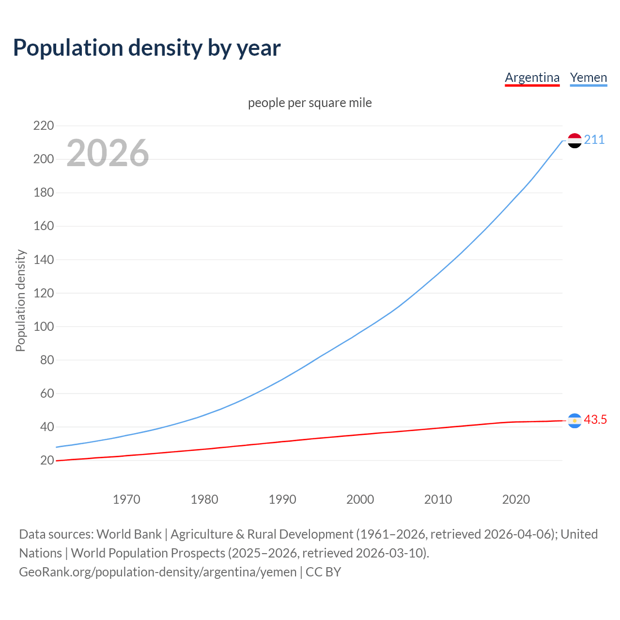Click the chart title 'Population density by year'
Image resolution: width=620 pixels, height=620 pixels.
(147, 48)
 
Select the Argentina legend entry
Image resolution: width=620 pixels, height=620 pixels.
(532, 77)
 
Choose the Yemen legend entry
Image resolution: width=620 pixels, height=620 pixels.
(588, 77)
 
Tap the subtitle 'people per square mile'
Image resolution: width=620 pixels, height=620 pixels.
(310, 103)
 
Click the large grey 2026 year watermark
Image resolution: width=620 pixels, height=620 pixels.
(108, 153)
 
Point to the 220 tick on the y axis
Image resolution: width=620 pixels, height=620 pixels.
(43, 126)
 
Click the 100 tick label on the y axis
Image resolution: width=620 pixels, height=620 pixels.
(43, 326)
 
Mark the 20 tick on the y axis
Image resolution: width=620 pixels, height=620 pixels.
(47, 460)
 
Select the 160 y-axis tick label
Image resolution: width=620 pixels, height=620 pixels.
(43, 226)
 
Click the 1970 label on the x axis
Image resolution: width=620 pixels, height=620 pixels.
(126, 499)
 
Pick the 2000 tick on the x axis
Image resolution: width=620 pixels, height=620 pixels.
(360, 499)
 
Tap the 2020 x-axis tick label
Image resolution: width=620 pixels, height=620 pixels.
(516, 499)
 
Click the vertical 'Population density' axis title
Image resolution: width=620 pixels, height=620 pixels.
(20, 300)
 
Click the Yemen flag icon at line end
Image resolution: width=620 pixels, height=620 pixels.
(574, 140)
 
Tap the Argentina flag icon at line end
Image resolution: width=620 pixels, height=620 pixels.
(574, 420)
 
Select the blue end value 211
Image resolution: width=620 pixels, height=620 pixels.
(594, 140)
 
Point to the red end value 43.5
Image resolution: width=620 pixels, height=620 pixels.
(595, 420)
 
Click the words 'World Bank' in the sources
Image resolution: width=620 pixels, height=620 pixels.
(129, 534)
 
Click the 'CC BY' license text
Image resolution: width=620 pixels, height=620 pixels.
(323, 572)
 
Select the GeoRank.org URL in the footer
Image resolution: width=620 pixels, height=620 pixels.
(157, 572)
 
